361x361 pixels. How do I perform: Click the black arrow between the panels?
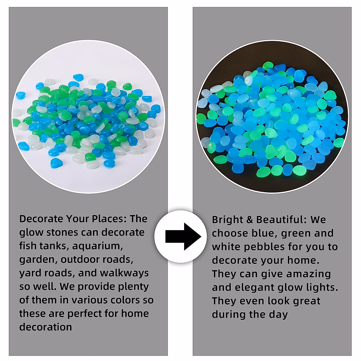(183, 237)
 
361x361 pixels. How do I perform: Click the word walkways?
(124, 273)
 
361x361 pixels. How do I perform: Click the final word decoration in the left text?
(45, 327)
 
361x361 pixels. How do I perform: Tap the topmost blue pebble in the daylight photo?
(78, 77)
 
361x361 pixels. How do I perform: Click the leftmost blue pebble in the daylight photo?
(21, 95)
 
